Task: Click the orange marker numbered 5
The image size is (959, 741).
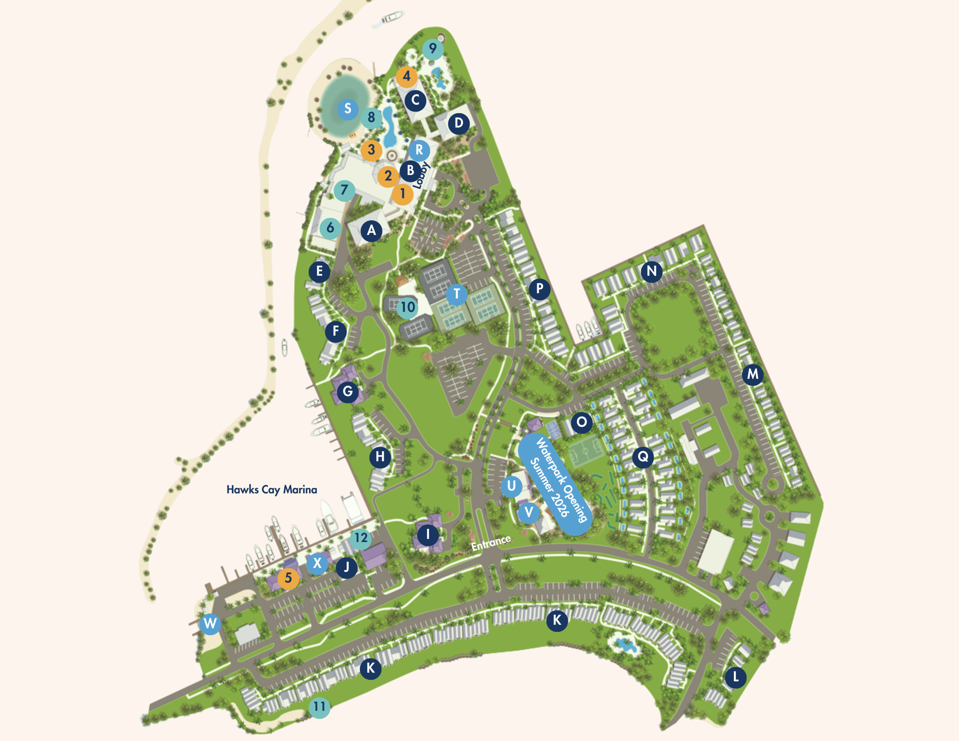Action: pyautogui.click(x=288, y=578)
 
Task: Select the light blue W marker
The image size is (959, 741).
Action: pyautogui.click(x=210, y=623)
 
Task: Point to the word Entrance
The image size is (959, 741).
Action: pyautogui.click(x=490, y=543)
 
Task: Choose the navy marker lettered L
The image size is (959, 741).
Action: pyautogui.click(x=735, y=677)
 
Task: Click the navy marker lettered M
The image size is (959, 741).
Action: pyautogui.click(x=753, y=374)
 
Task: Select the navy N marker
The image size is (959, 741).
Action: pyautogui.click(x=651, y=271)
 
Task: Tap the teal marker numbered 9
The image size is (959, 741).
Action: pyautogui.click(x=433, y=48)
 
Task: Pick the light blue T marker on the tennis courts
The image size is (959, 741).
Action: pyautogui.click(x=457, y=293)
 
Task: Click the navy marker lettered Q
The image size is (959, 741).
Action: pyautogui.click(x=643, y=457)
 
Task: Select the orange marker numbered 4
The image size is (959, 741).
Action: pyautogui.click(x=406, y=76)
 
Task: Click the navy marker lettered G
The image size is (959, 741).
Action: pyautogui.click(x=347, y=391)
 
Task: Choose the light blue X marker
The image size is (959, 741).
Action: pyautogui.click(x=317, y=563)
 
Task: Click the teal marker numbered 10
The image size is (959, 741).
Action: pyautogui.click(x=408, y=307)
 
